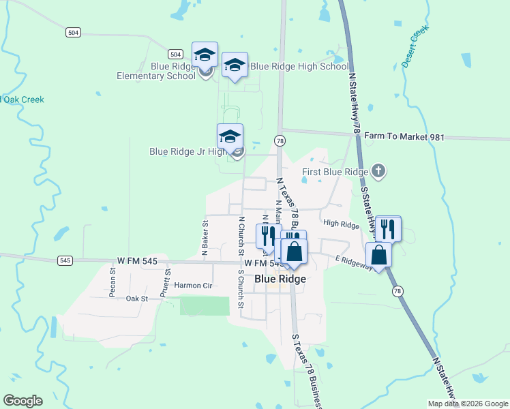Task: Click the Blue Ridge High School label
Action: tap(300, 67)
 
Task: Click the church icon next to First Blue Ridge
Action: tap(379, 172)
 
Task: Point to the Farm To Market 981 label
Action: tap(404, 137)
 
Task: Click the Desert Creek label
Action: tap(415, 46)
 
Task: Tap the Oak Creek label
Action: tap(23, 100)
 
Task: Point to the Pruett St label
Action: tap(166, 281)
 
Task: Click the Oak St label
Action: tap(137, 299)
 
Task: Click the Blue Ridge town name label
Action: tap(280, 279)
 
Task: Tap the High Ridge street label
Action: tap(341, 224)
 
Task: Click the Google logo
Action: tap(22, 401)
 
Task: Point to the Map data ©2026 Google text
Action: tap(468, 403)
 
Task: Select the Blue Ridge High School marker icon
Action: tap(235, 65)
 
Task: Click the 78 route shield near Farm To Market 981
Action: tap(280, 140)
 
